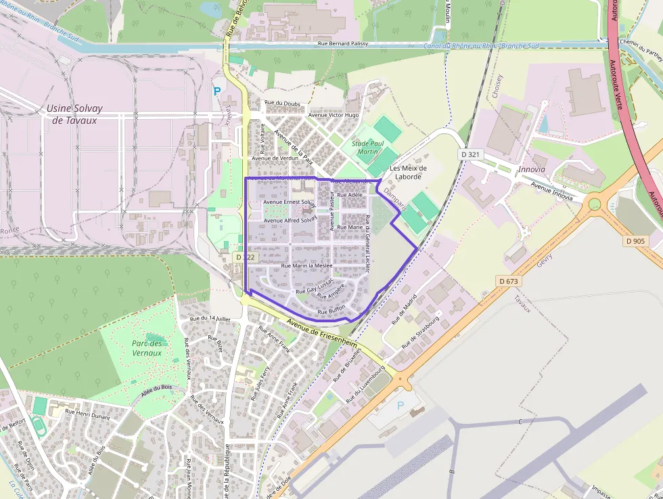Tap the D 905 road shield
tap(636, 240)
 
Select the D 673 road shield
tap(507, 280)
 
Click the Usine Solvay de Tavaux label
tap(72, 114)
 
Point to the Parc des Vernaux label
tap(147, 348)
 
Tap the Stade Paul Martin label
tap(368, 148)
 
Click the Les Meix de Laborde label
tap(409, 172)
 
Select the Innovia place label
tap(531, 169)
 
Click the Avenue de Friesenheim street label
tap(321, 332)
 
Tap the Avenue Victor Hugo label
tap(334, 115)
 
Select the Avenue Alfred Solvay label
tap(290, 220)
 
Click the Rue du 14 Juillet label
tap(210, 318)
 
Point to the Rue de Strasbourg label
tap(420, 331)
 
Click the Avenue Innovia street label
tap(551, 192)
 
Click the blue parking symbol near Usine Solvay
tap(217, 91)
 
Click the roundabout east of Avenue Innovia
tap(595, 203)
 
